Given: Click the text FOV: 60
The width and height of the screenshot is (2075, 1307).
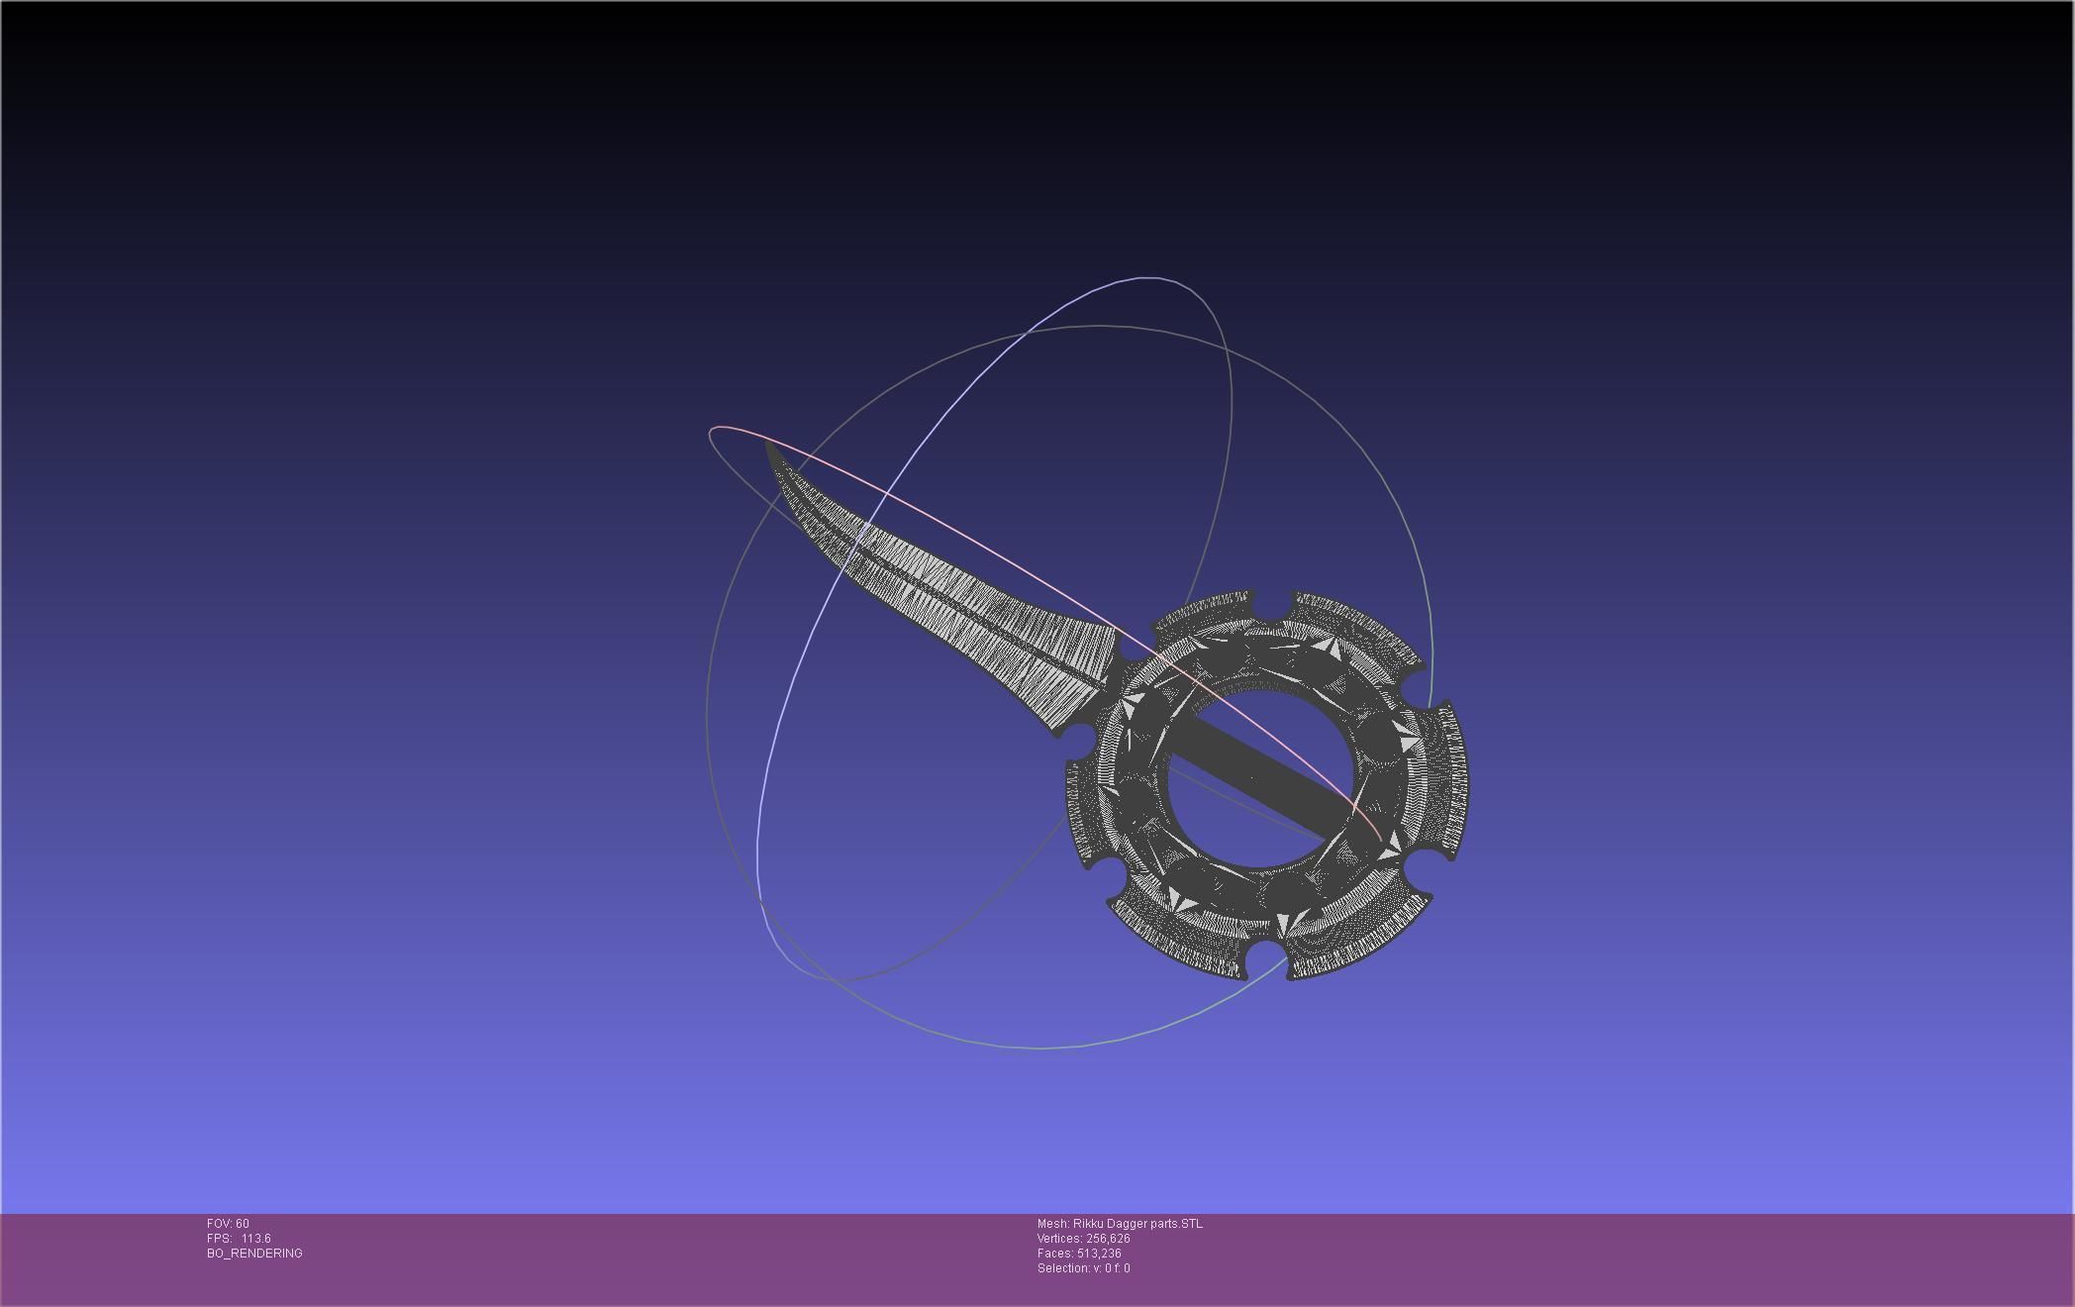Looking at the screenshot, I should [x=228, y=1224].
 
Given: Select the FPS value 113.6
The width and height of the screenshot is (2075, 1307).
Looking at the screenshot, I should [x=255, y=1239].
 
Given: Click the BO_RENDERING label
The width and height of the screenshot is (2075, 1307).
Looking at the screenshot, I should [x=254, y=1254].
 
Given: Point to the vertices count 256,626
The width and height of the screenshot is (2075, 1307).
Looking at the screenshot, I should [x=1108, y=1239].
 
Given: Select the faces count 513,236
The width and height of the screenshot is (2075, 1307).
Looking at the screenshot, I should [x=1099, y=1254].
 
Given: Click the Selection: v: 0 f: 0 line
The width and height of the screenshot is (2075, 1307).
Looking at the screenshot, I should [x=1083, y=1268].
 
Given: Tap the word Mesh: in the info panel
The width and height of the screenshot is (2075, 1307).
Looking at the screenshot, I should [x=1053, y=1224].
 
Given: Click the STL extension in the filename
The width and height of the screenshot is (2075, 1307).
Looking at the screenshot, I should [x=1192, y=1224].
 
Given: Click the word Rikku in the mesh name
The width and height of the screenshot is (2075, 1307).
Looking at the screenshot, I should [x=1088, y=1224].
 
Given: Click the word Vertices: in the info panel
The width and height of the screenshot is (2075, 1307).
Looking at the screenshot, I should [x=1059, y=1239].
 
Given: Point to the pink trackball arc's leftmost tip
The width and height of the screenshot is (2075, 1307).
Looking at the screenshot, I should [x=710, y=433].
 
